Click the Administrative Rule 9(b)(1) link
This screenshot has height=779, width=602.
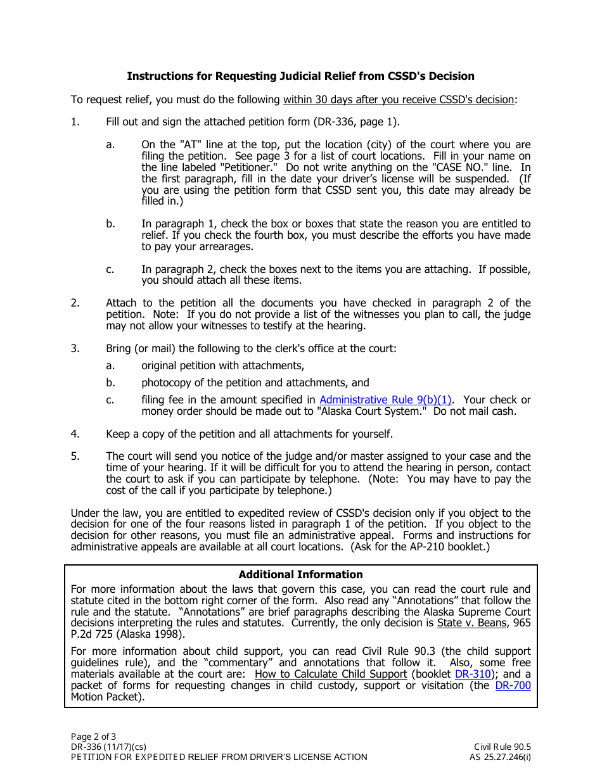coord(385,400)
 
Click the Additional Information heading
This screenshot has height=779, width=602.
coord(300,574)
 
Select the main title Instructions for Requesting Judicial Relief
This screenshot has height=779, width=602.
coord(300,76)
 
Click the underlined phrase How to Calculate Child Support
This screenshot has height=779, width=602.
coord(330,674)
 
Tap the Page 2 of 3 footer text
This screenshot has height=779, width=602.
coord(93,736)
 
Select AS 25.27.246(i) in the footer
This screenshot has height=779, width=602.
coord(500,757)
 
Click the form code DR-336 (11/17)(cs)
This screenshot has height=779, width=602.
coord(108,747)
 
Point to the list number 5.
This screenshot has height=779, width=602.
coord(75,456)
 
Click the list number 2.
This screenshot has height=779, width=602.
coord(75,303)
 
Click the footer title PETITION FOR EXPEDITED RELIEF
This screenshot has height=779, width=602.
coord(219,757)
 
